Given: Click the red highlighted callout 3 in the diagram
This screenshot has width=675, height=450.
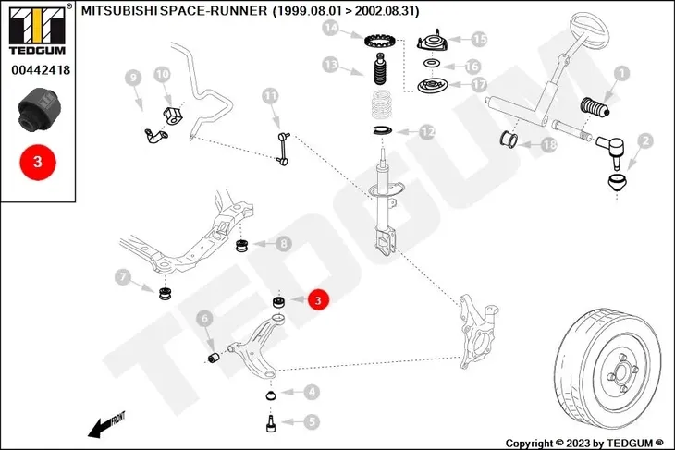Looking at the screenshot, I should pyautogui.click(x=316, y=299).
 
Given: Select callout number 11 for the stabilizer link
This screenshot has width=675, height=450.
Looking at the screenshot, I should pyautogui.click(x=270, y=95).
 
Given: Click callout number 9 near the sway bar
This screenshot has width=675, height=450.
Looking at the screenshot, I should pyautogui.click(x=131, y=78).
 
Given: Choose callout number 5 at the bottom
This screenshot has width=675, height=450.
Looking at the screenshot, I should pyautogui.click(x=312, y=421).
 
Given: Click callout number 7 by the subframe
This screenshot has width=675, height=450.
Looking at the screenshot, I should pyautogui.click(x=122, y=275).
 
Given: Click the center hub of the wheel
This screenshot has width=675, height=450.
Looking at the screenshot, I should pyautogui.click(x=621, y=375).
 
